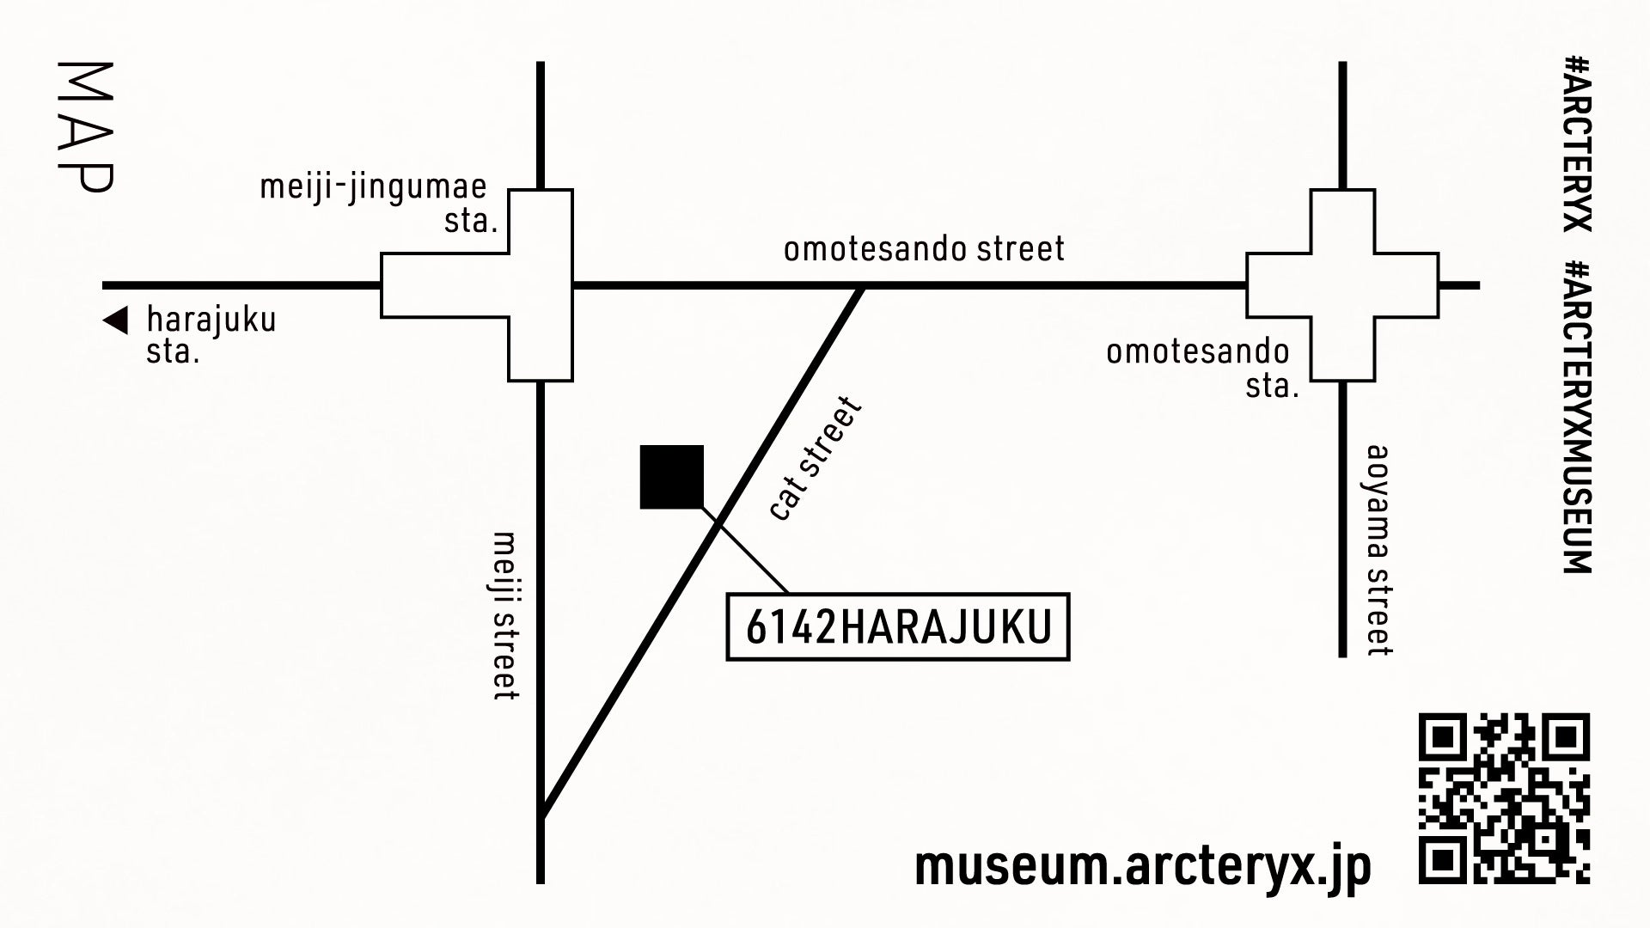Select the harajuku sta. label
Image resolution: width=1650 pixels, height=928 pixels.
tap(211, 335)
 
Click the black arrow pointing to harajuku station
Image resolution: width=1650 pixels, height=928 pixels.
tap(115, 321)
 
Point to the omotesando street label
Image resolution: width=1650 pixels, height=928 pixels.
tap(924, 249)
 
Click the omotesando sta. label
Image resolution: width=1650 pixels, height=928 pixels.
tap(1199, 368)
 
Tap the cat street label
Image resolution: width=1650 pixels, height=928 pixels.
tap(815, 459)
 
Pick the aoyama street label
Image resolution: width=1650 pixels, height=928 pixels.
tap(1378, 550)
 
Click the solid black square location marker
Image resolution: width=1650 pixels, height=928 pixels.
tap(672, 477)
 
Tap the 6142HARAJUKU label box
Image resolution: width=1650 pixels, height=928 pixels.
tap(898, 626)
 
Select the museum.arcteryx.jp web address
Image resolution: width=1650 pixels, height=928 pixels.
tap(1143, 866)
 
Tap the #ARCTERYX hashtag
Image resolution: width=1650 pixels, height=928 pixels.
tap(1577, 143)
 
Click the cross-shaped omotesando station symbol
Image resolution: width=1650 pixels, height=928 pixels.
tap(1342, 285)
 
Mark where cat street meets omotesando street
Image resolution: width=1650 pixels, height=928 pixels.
tap(862, 287)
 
